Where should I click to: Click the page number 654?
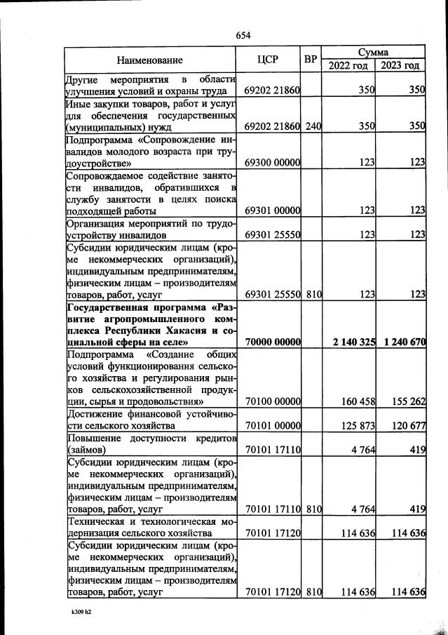243,36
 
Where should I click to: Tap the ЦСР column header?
272,60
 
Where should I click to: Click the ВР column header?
311,60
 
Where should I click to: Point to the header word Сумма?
373,53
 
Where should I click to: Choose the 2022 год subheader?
348,66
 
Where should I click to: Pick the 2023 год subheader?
400,66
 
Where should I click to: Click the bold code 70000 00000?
273,342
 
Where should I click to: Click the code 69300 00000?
273,162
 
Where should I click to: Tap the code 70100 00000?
273,401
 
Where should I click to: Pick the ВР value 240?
313,126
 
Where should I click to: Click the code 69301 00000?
273,210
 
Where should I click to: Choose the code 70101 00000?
273,425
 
